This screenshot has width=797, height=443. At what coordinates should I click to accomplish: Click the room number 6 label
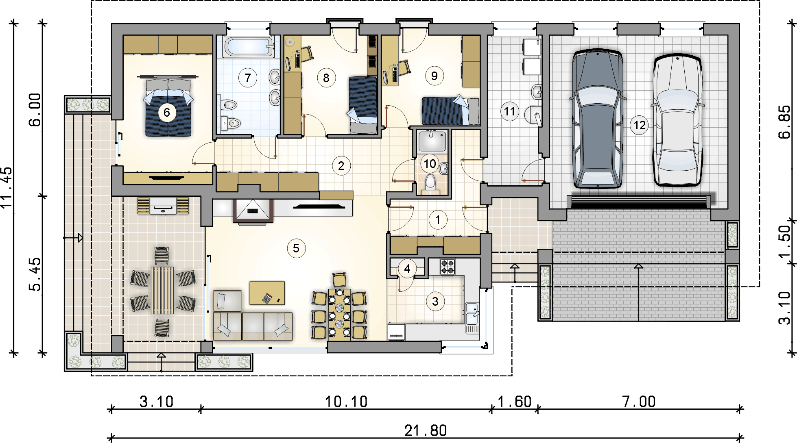167,113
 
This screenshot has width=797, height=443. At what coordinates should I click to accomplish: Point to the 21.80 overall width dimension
426,430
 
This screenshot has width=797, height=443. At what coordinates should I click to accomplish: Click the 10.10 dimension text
346,402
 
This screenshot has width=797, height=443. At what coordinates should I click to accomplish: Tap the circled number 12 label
640,125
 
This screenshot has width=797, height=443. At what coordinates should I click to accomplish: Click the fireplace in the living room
253,211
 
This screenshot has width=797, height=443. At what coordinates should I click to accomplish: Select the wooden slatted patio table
162,290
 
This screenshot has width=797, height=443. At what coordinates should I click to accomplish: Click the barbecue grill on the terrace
163,206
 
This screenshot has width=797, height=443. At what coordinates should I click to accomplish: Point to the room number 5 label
296,248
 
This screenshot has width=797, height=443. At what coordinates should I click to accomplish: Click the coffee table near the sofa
267,293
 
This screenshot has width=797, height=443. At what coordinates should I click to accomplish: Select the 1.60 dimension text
515,402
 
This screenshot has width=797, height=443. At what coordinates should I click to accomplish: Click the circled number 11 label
509,111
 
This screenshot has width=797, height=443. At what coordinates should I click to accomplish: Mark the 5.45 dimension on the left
35,274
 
